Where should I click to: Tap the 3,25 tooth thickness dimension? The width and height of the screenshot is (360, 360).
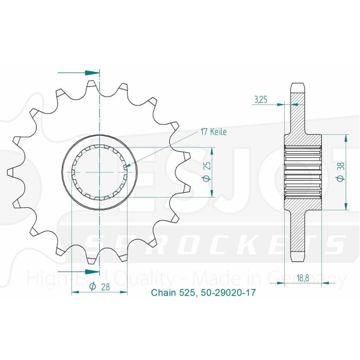[260, 100]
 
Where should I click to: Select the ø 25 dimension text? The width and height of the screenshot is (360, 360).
[205, 172]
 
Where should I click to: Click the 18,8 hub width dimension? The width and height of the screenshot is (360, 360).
[302, 279]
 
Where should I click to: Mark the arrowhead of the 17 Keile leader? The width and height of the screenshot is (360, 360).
[129, 166]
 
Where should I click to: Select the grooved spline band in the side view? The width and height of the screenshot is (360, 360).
[303, 172]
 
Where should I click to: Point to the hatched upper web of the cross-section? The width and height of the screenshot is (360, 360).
[298, 116]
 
